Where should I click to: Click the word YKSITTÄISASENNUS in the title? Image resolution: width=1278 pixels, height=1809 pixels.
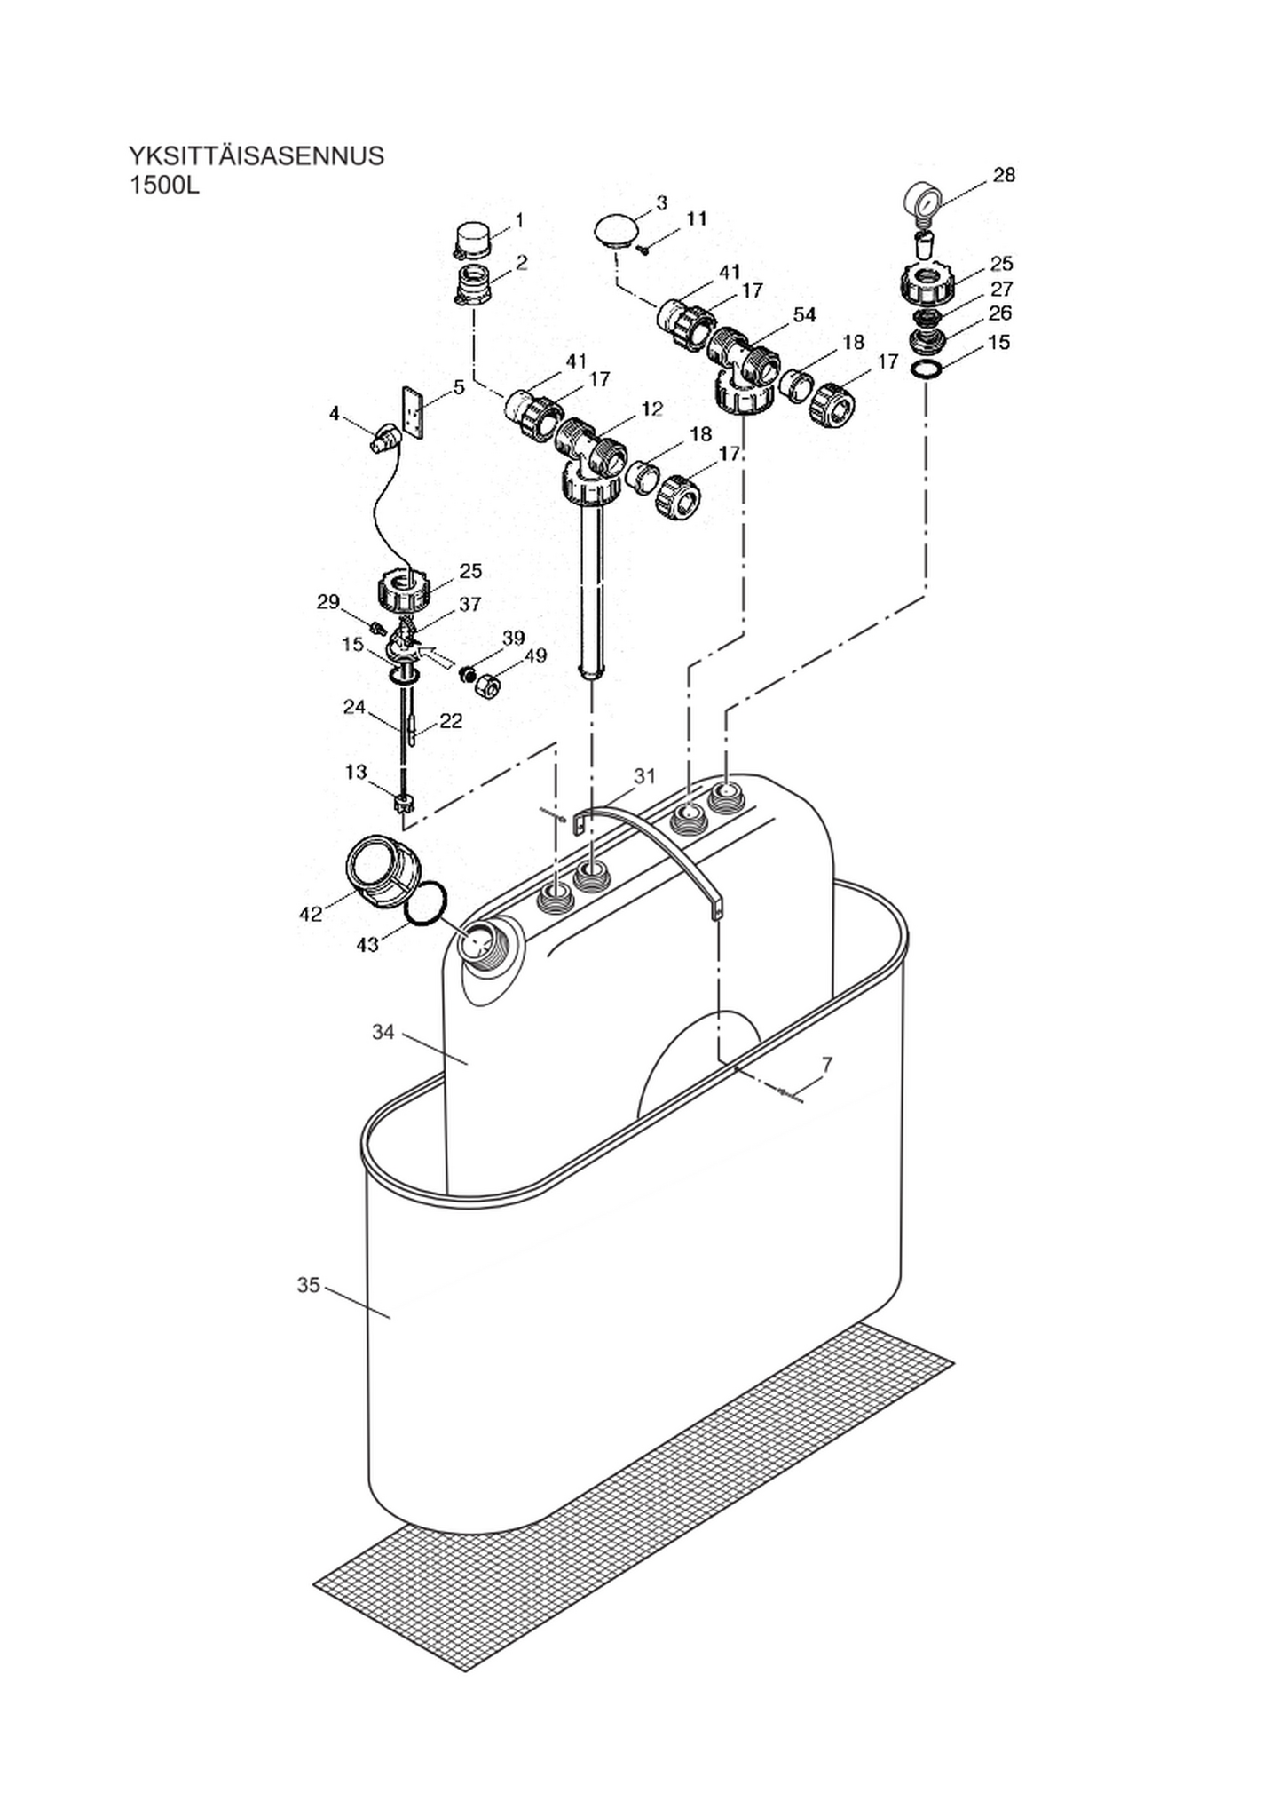click(256, 156)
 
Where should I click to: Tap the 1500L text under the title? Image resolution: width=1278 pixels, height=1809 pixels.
click(165, 187)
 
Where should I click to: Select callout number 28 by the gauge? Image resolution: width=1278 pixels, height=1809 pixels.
click(1004, 175)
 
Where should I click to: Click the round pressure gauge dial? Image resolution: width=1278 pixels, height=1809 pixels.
click(923, 202)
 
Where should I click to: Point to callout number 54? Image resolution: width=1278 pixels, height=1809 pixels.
click(805, 315)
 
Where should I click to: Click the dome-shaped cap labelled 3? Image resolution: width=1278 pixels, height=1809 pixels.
click(616, 230)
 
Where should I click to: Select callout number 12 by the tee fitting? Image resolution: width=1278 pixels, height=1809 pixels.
click(651, 409)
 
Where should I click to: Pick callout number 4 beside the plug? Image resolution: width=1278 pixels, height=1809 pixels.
click(335, 414)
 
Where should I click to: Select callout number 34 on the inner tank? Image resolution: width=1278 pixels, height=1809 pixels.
click(383, 1032)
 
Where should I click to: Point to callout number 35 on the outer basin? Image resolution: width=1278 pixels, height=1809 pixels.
click(308, 1285)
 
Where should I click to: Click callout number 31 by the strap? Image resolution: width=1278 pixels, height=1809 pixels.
click(644, 776)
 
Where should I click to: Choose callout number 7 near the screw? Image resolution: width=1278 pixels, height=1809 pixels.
click(827, 1063)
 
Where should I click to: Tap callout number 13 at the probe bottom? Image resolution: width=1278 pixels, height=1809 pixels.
click(356, 773)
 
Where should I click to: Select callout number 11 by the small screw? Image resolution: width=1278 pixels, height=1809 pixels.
click(697, 218)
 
